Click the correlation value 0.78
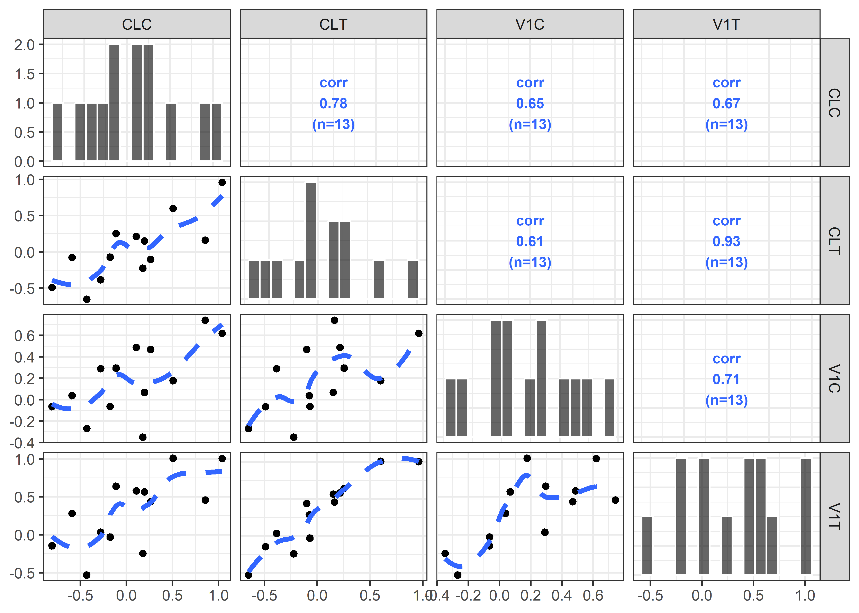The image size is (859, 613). click(x=333, y=103)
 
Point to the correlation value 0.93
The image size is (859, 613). click(x=726, y=242)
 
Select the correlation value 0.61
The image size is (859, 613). click(x=530, y=242)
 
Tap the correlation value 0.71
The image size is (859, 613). click(x=726, y=379)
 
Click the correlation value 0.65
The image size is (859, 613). click(x=530, y=103)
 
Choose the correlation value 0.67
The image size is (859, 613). click(x=726, y=103)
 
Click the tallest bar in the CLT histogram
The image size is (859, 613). click(x=310, y=241)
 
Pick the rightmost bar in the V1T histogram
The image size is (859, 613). click(x=806, y=516)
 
